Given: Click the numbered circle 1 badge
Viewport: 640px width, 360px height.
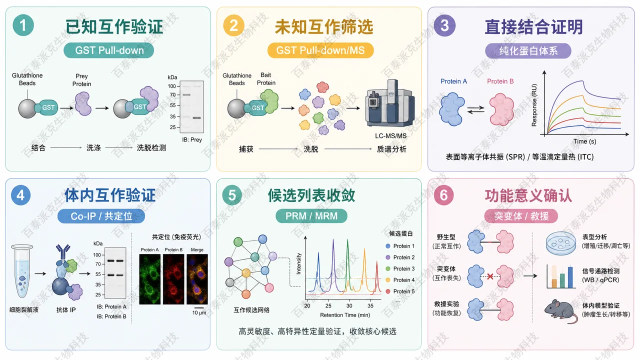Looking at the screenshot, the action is tap(23, 25).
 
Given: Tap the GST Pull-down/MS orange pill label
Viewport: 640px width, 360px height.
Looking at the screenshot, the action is tap(320, 50).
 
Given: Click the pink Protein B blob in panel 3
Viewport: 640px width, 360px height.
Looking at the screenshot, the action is tap(501, 109).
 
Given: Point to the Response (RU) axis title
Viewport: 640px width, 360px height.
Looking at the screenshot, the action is tap(534, 105).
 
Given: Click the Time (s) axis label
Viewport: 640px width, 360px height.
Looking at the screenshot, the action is tap(584, 141).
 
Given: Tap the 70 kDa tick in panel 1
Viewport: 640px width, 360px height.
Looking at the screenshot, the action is tap(172, 94).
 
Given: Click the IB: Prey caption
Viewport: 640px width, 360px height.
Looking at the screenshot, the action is tap(192, 139).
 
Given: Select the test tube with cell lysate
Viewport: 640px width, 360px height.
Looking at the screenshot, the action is tap(22, 271).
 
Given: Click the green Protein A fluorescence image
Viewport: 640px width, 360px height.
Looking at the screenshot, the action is tap(149, 279).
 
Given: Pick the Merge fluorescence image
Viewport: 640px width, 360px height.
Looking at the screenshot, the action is tap(197, 279).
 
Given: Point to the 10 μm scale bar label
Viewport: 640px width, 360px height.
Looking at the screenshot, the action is tap(199, 313).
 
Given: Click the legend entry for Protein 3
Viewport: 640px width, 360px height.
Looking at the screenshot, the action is tap(400, 268).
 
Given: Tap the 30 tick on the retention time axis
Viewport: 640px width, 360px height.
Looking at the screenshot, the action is tap(349, 305).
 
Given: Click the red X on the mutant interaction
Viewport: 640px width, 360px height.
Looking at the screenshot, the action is tap(490, 276).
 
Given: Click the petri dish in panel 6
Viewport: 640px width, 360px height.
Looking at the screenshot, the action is tap(561, 243).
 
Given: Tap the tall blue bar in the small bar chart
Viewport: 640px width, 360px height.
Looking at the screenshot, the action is tap(570, 277).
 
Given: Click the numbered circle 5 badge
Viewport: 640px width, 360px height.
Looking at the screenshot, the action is tap(232, 195).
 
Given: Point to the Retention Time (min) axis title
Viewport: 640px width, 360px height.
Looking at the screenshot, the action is tap(345, 315).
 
